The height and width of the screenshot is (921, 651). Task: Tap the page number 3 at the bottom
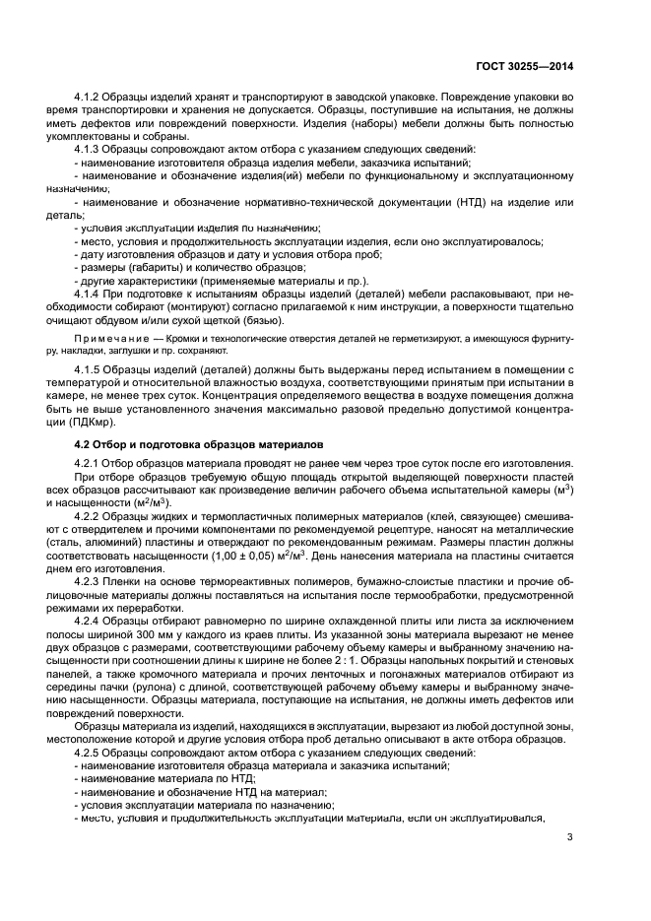coord(570,838)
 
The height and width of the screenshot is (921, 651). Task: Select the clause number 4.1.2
coord(91,97)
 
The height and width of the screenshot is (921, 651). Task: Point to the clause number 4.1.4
coord(91,294)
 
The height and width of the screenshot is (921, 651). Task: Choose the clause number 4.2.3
coord(91,581)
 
